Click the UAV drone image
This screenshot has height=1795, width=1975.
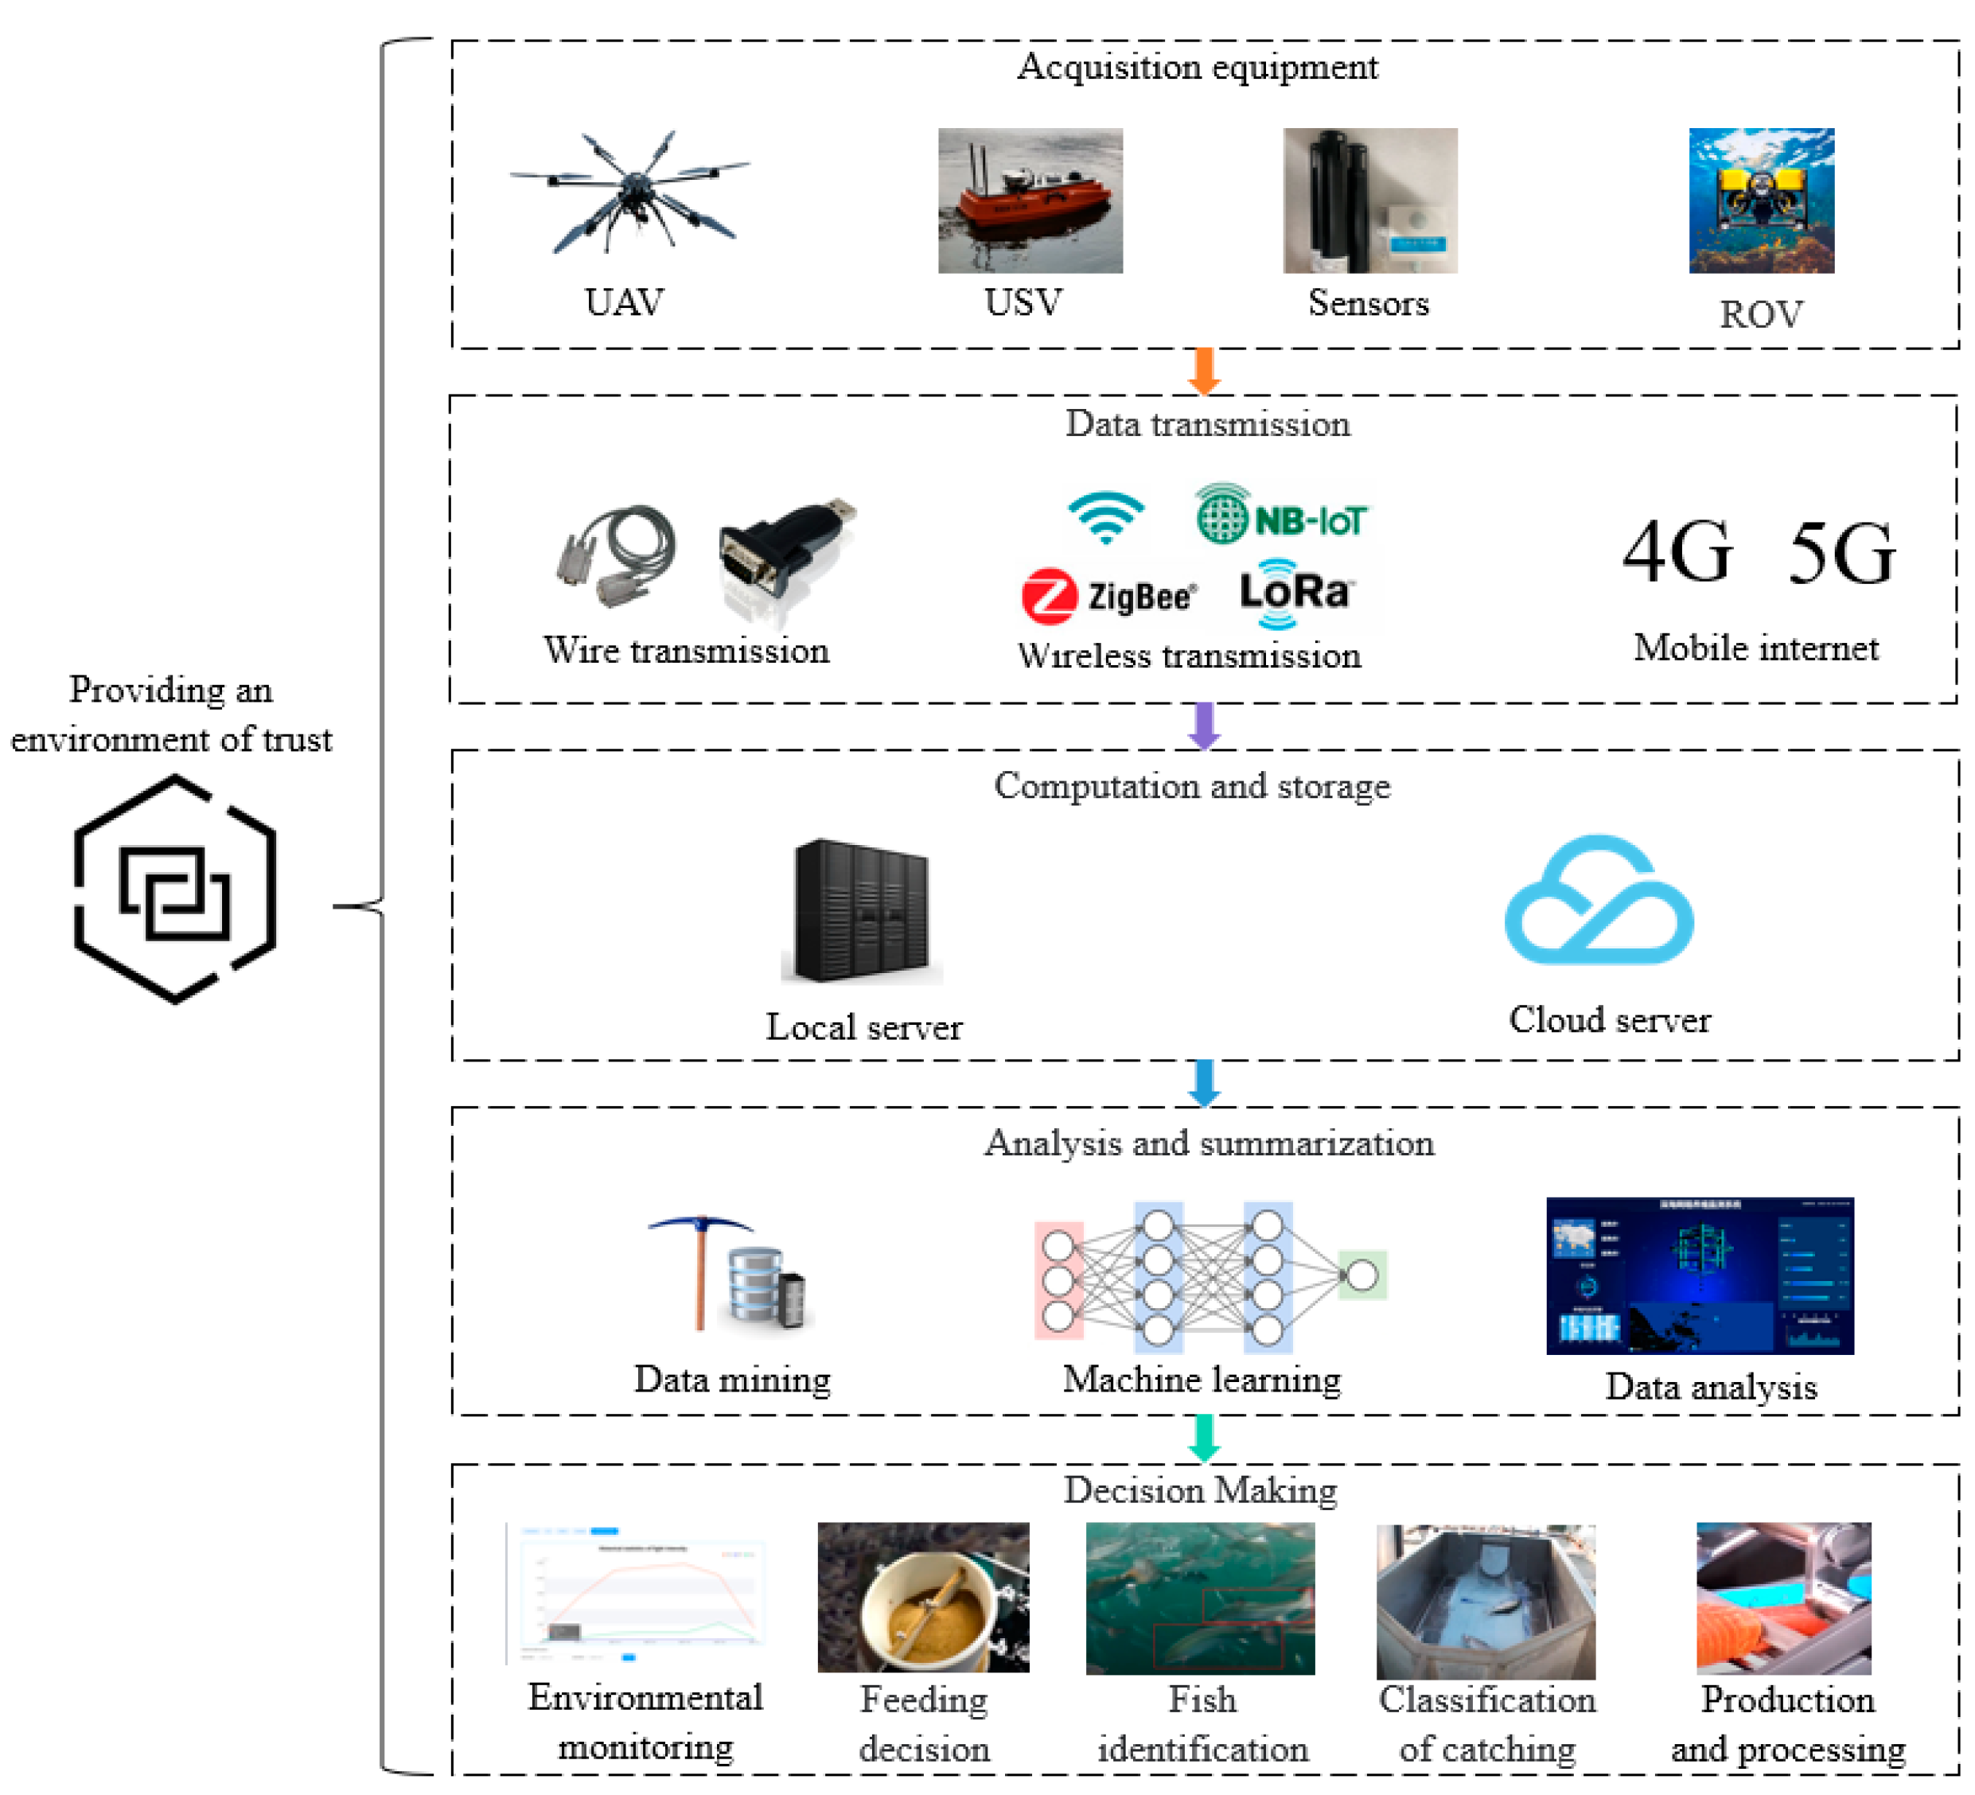click(630, 192)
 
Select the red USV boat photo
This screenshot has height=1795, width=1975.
click(1030, 201)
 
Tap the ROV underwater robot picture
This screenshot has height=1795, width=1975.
click(1760, 201)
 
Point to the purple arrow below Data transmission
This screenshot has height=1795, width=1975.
click(1203, 725)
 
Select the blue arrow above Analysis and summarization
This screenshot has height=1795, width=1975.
click(1203, 1082)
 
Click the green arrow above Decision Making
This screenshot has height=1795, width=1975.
click(1203, 1438)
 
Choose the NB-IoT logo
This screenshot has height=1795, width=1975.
click(1281, 516)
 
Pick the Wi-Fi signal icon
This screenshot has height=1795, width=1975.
click(1105, 517)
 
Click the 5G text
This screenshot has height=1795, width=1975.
click(1841, 554)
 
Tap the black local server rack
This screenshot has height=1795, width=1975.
click(861, 910)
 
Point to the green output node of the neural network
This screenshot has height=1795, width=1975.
click(1361, 1275)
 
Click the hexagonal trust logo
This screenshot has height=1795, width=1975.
click(175, 889)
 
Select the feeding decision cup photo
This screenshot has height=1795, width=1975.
click(923, 1596)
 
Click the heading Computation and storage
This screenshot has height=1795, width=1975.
click(1191, 786)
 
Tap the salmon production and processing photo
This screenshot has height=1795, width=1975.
click(1783, 1597)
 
